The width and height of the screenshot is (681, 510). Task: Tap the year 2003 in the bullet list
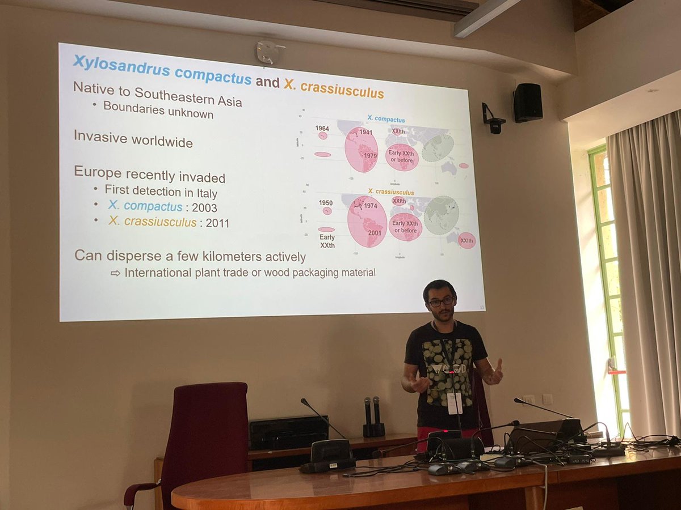pyautogui.click(x=204, y=207)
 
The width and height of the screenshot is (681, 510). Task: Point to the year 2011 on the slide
pyautogui.click(x=217, y=223)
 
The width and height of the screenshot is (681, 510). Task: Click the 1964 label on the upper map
pyautogui.click(x=322, y=129)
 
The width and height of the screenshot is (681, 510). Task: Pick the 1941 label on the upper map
pyautogui.click(x=366, y=133)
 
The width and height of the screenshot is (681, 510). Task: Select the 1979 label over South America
pyautogui.click(x=370, y=156)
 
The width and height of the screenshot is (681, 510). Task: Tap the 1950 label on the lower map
pyautogui.click(x=326, y=203)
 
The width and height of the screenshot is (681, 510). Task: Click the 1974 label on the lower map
pyautogui.click(x=370, y=206)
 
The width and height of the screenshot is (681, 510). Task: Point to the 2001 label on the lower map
pyautogui.click(x=374, y=232)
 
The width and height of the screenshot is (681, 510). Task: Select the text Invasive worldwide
pyautogui.click(x=133, y=138)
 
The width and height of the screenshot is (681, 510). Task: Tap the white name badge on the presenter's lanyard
pyautogui.click(x=455, y=403)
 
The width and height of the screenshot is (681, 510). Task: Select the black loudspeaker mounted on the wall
pyautogui.click(x=528, y=103)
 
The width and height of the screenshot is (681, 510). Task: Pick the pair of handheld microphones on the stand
pyautogui.click(x=372, y=416)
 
